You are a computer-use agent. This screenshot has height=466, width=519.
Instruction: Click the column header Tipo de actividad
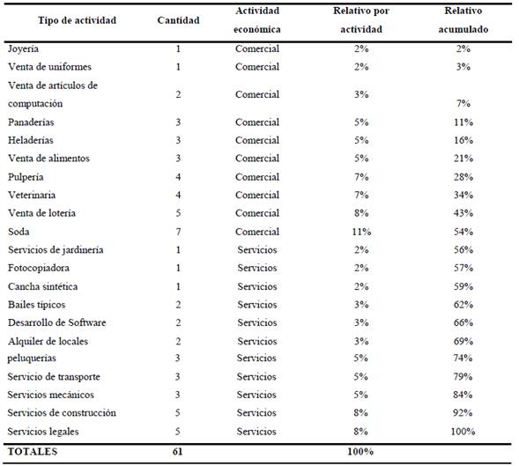coord(78,20)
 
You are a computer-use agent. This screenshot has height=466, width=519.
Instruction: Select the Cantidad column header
coord(178,20)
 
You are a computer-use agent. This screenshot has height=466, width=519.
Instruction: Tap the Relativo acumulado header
coord(463,20)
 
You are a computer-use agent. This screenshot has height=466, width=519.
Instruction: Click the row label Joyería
coord(23,49)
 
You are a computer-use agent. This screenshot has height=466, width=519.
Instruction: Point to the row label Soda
coord(19,232)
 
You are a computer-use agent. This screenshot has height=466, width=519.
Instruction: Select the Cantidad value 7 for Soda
coord(178,232)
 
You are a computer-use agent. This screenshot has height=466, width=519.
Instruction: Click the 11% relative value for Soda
coord(361,232)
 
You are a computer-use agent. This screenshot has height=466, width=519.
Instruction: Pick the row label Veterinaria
coord(32,195)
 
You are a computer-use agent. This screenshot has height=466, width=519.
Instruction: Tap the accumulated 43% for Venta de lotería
coord(463,213)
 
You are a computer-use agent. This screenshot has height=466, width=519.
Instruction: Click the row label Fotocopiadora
coord(39,268)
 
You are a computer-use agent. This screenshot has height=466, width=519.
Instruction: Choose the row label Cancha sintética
coord(43,286)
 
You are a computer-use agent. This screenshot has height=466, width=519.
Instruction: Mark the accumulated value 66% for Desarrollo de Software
coord(463,322)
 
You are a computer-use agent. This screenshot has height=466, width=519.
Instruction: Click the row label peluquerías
coord(32,359)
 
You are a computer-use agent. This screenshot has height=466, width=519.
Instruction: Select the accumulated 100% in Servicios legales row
coord(463,432)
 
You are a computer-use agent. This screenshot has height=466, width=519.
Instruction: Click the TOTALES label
coord(33,451)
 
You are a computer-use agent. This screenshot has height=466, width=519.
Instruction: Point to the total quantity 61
coord(177,451)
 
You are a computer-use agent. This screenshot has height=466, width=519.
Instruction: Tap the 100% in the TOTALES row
coord(360,451)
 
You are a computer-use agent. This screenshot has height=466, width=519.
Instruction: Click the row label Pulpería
coord(26,177)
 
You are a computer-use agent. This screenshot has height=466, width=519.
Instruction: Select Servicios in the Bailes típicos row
coord(257,304)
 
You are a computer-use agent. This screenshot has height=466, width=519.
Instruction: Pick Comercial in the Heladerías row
coord(257,140)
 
